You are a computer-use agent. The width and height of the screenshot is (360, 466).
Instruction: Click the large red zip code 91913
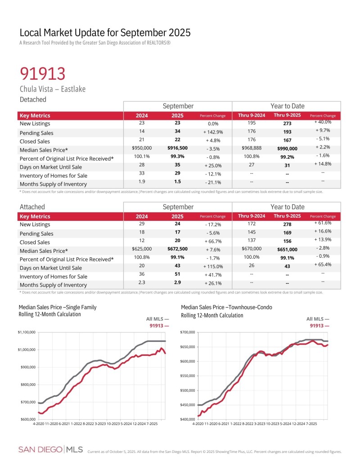click(42, 73)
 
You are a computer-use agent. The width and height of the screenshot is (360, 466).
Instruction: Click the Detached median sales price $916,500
click(178, 148)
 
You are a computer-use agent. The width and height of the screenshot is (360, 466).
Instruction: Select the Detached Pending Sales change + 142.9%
click(212, 132)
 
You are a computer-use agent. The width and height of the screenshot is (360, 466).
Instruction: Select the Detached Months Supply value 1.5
click(178, 183)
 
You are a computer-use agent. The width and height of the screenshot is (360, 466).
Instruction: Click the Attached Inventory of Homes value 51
click(178, 276)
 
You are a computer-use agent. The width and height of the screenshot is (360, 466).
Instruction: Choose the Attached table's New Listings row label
click(35, 224)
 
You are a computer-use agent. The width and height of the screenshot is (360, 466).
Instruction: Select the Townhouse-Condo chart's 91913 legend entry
click(319, 325)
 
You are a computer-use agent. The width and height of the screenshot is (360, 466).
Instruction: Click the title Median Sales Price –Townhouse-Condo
click(226, 307)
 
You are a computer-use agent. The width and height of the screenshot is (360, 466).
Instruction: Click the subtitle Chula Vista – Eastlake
click(52, 89)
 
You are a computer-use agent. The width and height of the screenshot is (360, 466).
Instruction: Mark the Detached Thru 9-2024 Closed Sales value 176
click(251, 139)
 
